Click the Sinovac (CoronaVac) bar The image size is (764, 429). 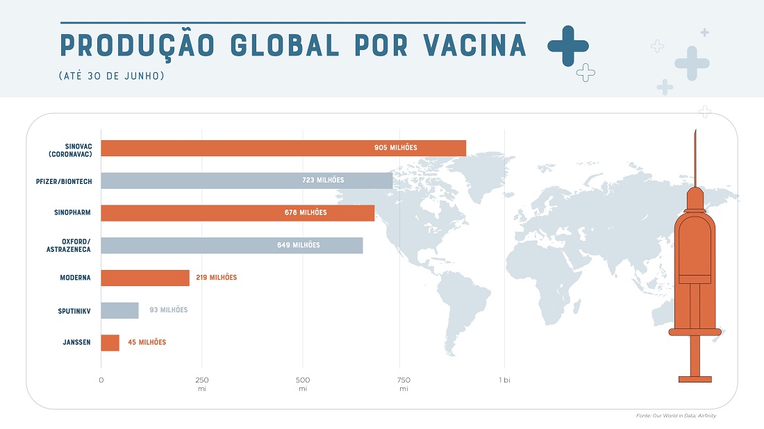[278, 148]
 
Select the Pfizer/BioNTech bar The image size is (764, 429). [243, 180]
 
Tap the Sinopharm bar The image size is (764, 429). [236, 213]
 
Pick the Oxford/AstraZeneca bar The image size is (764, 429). [229, 245]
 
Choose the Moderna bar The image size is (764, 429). [144, 278]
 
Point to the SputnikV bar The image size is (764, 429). [119, 310]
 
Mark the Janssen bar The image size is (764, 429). [110, 342]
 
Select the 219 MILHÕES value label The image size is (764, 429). [216, 278]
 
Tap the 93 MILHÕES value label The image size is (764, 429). [168, 310]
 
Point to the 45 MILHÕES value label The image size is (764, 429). [147, 342]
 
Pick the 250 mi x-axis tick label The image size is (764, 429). [202, 384]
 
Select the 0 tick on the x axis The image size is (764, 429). [101, 380]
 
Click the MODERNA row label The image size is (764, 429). [75, 278]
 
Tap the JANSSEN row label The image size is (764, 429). [76, 342]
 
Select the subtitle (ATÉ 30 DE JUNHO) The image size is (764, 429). [111, 76]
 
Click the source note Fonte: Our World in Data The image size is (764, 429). [675, 416]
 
